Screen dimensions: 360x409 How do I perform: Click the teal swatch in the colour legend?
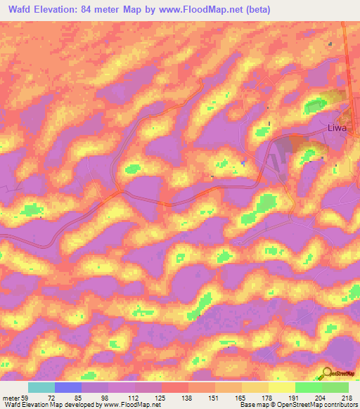(x=41, y=388)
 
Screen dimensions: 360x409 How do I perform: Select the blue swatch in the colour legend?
(x=67, y=388)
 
